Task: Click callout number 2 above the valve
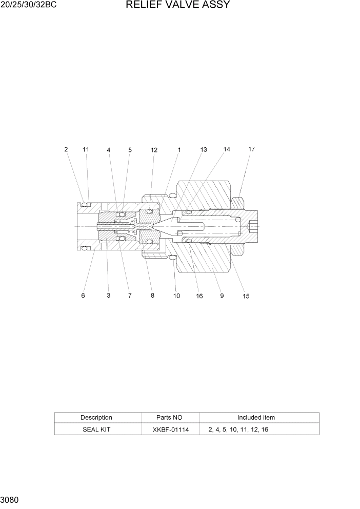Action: click(x=66, y=149)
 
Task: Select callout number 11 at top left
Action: click(x=86, y=149)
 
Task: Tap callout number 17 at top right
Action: click(x=251, y=149)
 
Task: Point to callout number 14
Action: click(x=227, y=149)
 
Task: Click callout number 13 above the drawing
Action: click(x=204, y=149)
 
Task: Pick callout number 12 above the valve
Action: click(x=154, y=150)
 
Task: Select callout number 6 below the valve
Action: click(x=83, y=296)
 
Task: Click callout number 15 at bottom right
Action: click(x=246, y=296)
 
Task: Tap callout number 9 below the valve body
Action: click(x=222, y=296)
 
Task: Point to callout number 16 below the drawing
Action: click(x=199, y=296)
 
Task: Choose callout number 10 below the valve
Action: click(x=176, y=296)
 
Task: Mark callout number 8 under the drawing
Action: click(x=152, y=296)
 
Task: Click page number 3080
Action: click(x=10, y=499)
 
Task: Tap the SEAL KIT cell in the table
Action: click(x=96, y=429)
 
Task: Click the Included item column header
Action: click(x=256, y=418)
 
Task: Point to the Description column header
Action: click(x=96, y=418)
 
